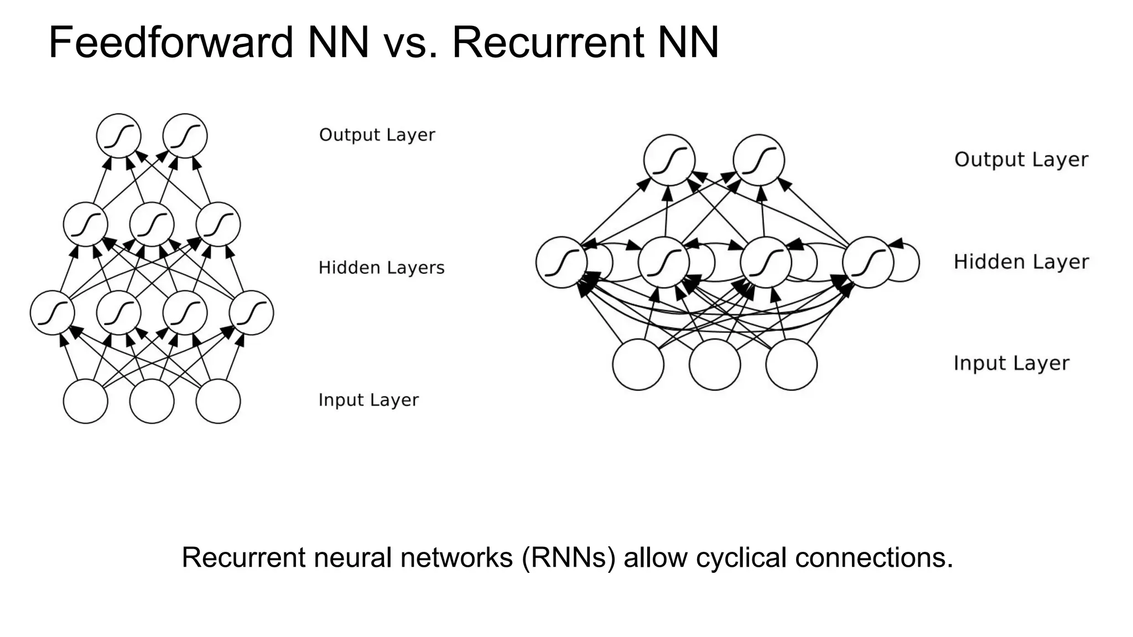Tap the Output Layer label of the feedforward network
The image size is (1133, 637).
(377, 135)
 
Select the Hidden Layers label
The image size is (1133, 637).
(381, 268)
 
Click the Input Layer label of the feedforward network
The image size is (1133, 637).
(368, 400)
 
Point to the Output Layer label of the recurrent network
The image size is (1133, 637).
(1021, 160)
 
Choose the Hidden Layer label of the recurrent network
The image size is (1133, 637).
(1021, 262)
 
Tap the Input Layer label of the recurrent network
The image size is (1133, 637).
(1011, 363)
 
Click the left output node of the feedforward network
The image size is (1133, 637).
(118, 136)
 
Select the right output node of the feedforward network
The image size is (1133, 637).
(185, 136)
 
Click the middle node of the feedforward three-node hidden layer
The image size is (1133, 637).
(152, 224)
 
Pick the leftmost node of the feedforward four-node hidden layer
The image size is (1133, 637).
(52, 313)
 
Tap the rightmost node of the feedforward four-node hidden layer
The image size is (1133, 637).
(251, 313)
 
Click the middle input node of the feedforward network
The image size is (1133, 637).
(152, 401)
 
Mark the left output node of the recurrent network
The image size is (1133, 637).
(669, 160)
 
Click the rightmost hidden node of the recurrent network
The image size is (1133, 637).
(867, 262)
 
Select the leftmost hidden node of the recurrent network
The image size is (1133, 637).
(561, 262)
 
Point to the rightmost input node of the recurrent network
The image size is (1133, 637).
(791, 364)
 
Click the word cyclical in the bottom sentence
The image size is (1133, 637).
(741, 557)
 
